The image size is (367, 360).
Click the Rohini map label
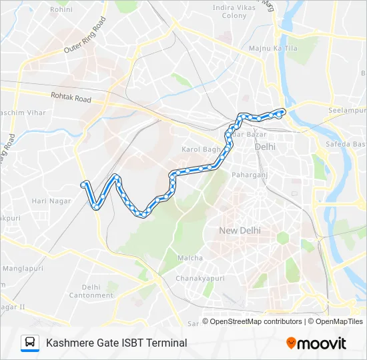point(61,10)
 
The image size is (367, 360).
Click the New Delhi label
point(240,231)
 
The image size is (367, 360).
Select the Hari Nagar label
point(47,201)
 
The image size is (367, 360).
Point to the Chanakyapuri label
point(198,278)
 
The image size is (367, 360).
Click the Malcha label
point(185,257)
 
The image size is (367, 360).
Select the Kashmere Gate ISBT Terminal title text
point(116,343)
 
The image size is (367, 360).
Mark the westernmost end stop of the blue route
point(83,184)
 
